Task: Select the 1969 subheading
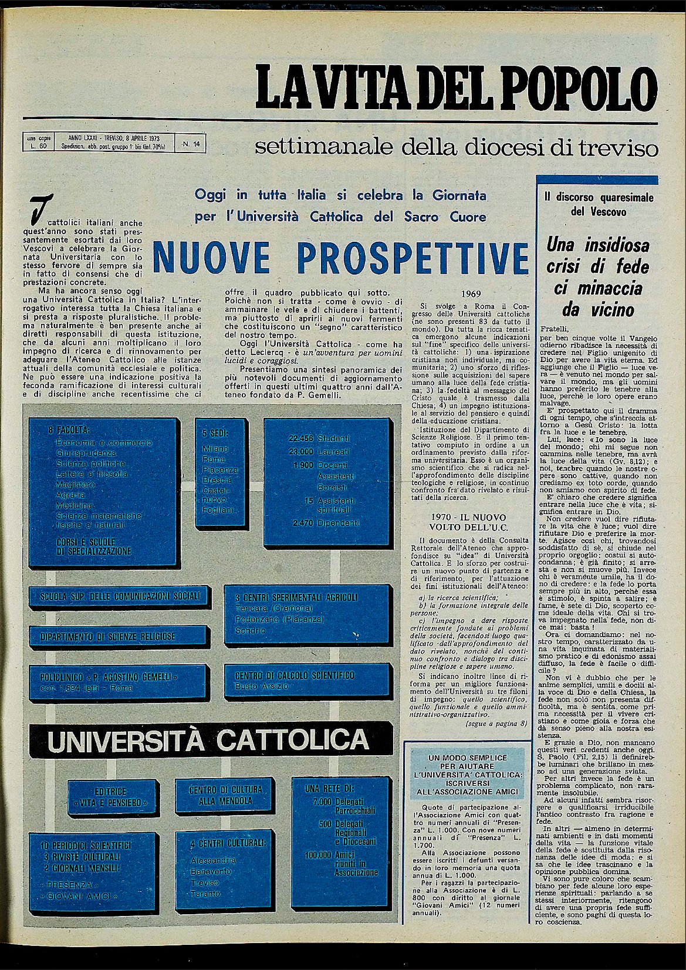pyautogui.click(x=471, y=293)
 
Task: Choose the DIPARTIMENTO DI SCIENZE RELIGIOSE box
pyautogui.click(x=108, y=636)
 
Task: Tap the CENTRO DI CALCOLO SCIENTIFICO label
pyautogui.click(x=295, y=675)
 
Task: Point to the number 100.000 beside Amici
pyautogui.click(x=319, y=854)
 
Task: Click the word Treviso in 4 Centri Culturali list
pyautogui.click(x=205, y=883)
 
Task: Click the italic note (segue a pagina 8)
pyautogui.click(x=496, y=724)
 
